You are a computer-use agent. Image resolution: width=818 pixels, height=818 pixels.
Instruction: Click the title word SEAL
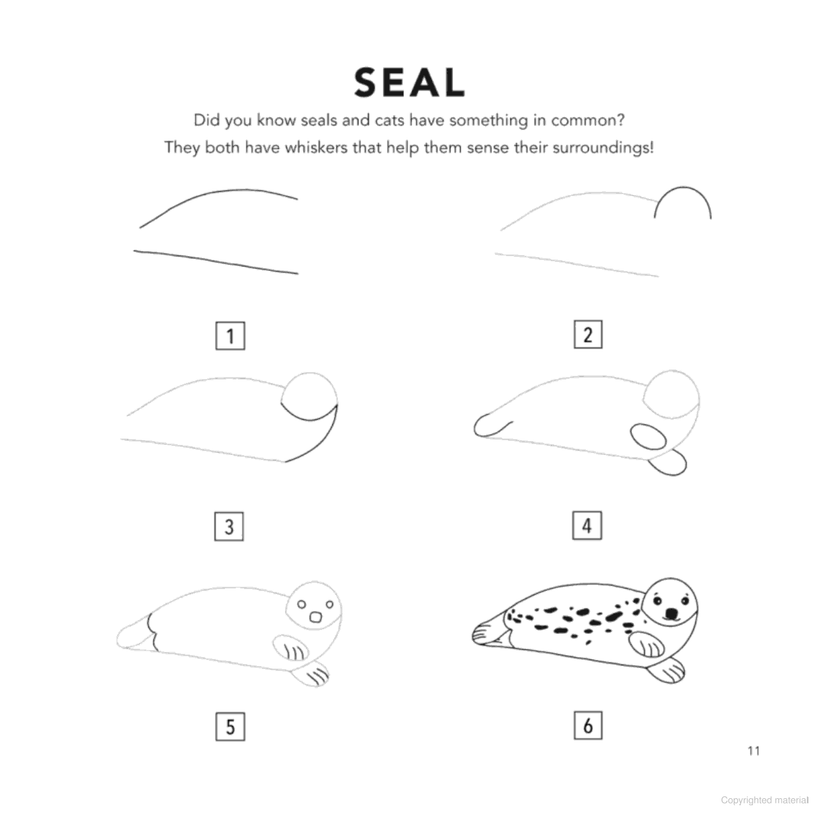tap(409, 83)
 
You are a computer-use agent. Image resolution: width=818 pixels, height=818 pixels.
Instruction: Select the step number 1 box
tap(230, 336)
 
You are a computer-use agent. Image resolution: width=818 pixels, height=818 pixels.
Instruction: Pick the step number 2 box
tap(588, 334)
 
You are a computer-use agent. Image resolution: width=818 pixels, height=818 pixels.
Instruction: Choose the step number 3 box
tap(229, 527)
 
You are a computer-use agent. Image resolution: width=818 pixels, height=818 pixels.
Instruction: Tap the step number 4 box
tap(587, 525)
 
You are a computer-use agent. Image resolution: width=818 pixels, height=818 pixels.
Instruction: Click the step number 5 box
tap(230, 727)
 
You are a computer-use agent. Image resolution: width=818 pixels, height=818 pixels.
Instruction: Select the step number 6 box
tap(588, 725)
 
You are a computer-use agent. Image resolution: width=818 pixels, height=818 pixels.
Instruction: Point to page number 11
tap(753, 751)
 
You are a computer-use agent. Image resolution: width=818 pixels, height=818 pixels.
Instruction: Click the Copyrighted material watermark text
tap(765, 799)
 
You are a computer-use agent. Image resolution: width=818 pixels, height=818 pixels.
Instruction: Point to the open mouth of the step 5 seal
tap(316, 617)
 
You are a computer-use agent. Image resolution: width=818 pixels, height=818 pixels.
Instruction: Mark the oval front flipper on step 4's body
tap(648, 436)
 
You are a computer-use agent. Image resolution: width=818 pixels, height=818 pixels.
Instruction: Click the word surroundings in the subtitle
tap(603, 148)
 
